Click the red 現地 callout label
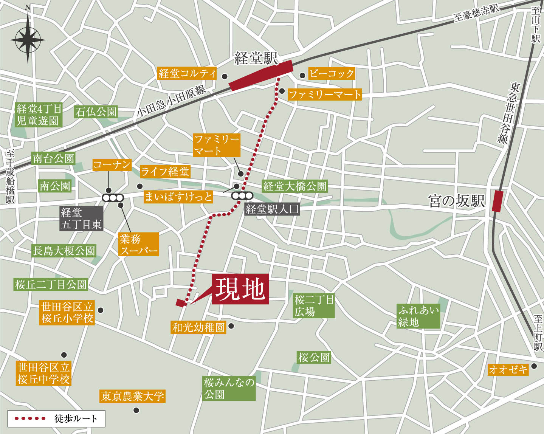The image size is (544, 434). (240, 289)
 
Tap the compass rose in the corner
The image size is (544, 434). (28, 40)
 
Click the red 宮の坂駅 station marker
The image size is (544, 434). (498, 201)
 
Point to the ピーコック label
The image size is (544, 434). (332, 73)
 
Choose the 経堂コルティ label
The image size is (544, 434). (187, 73)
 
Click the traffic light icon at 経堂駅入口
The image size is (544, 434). (242, 196)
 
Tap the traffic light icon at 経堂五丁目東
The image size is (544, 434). (113, 198)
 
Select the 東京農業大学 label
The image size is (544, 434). (133, 396)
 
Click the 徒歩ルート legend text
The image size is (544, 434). (76, 418)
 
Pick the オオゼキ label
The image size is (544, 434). (508, 369)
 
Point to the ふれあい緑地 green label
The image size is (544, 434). (418, 316)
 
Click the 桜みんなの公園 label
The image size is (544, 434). (229, 388)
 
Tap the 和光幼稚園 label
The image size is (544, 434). (198, 327)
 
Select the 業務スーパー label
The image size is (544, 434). (139, 245)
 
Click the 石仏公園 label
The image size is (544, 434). (96, 112)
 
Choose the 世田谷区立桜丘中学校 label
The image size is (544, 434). (44, 373)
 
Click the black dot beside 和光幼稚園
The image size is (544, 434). (231, 326)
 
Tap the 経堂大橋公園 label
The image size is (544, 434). (294, 186)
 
